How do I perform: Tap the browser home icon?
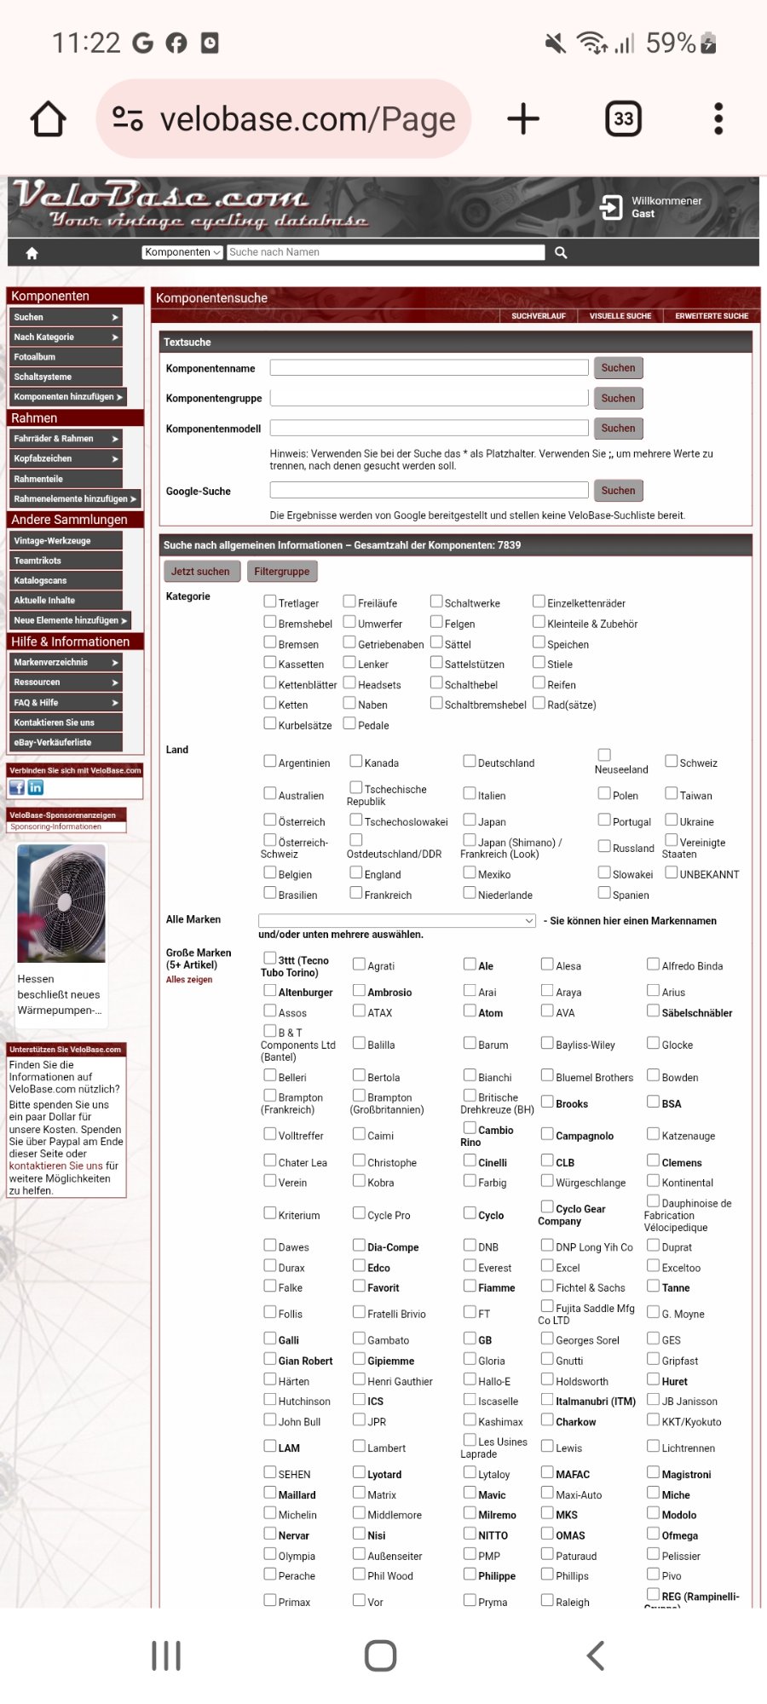coord(49,119)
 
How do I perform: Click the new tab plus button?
coord(523,119)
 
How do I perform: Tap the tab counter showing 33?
coord(623,119)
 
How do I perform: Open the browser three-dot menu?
coord(718,119)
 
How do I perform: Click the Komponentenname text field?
coord(429,368)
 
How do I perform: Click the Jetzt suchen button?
coord(200,572)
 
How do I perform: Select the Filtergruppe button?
coord(281,572)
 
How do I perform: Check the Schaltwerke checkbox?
coord(436,602)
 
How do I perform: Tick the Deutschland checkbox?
coord(470,761)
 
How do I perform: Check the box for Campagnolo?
coord(548,1134)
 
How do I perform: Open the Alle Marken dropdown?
coord(397,921)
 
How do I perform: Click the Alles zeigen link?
coord(189,980)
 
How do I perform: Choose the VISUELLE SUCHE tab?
coord(620,316)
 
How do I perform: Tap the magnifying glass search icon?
coord(561,252)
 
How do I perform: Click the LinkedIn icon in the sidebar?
coord(36,788)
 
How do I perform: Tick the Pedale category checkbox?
coord(349,723)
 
